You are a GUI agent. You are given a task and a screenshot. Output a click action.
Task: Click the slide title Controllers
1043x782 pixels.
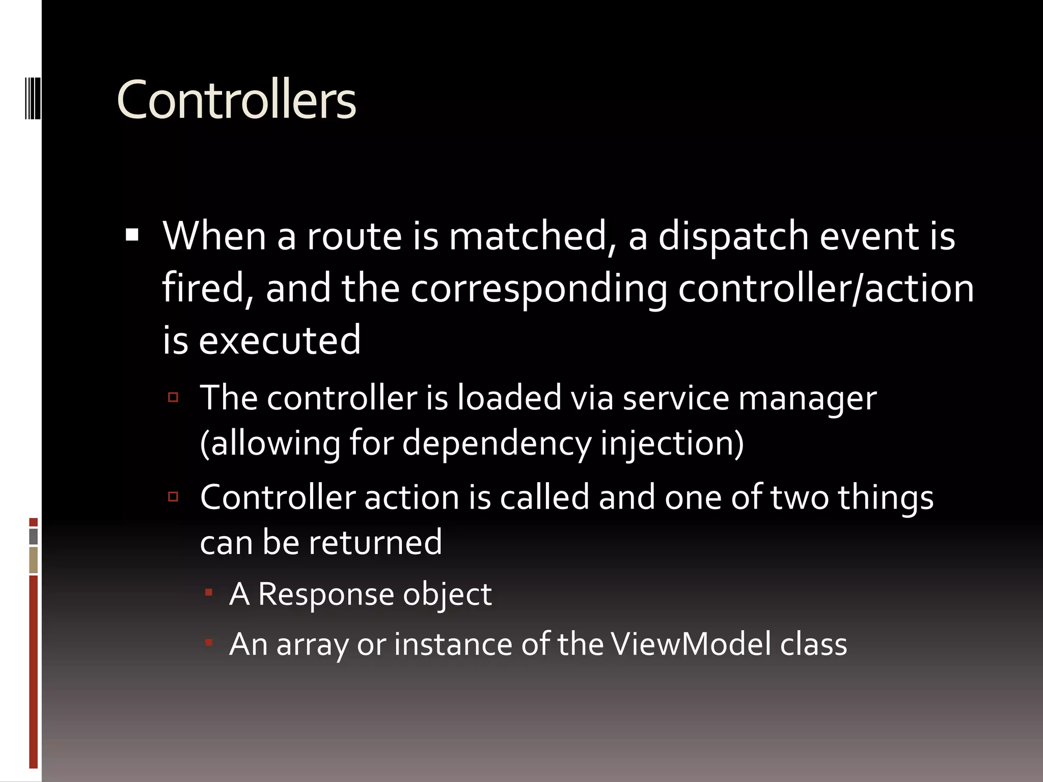click(236, 100)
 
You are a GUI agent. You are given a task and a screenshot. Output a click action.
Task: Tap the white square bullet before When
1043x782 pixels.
click(132, 235)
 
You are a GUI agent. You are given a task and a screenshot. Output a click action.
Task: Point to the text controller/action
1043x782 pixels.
click(826, 288)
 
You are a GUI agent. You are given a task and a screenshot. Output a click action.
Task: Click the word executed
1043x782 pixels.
click(280, 340)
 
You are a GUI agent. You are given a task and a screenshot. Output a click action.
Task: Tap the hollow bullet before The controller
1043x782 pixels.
click(173, 397)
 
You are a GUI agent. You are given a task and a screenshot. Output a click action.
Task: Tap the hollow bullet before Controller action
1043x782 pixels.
click(173, 496)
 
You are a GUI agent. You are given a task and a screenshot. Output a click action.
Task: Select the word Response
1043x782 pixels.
click(326, 594)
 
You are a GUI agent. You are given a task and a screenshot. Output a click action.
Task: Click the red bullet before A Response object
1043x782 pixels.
click(208, 592)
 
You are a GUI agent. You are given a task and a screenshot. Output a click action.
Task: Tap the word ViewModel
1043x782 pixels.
click(691, 644)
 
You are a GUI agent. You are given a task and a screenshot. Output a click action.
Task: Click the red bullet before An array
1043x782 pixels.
click(208, 643)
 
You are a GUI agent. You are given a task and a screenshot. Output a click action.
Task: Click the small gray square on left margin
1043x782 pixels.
click(34, 537)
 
